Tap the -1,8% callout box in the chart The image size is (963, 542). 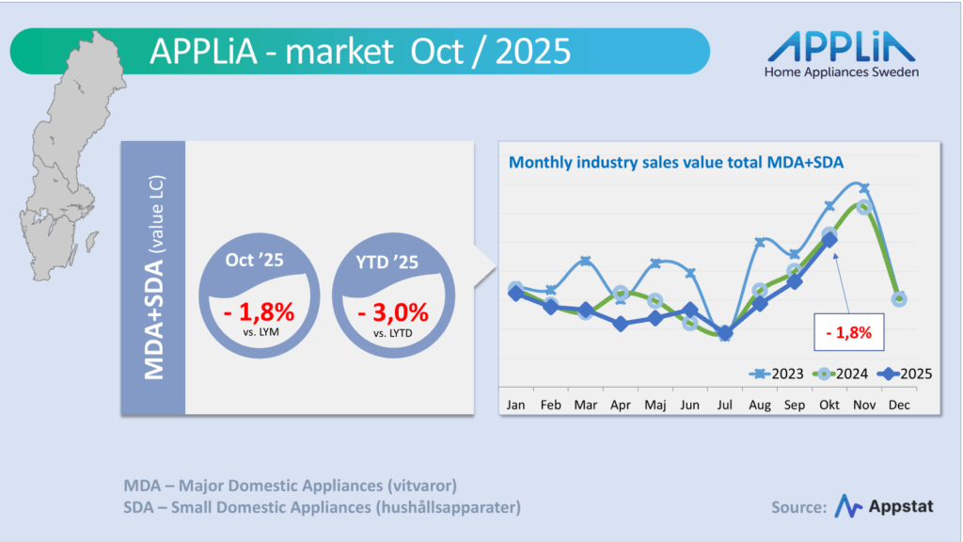[x=847, y=331]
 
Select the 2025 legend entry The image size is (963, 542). [x=904, y=374]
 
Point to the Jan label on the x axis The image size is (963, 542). [x=515, y=405]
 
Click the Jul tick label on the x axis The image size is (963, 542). [x=724, y=405]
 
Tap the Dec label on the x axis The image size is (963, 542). [x=899, y=405]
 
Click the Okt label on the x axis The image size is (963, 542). [x=829, y=405]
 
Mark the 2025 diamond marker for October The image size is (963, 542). [x=829, y=240]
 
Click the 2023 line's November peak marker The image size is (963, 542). [x=864, y=188]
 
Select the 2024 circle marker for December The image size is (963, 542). [x=899, y=299]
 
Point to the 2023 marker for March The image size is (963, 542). [x=585, y=261]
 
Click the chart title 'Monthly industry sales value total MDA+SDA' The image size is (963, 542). [x=675, y=162]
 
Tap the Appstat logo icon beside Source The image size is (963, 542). [x=848, y=506]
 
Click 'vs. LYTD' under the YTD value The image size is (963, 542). [x=392, y=333]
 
